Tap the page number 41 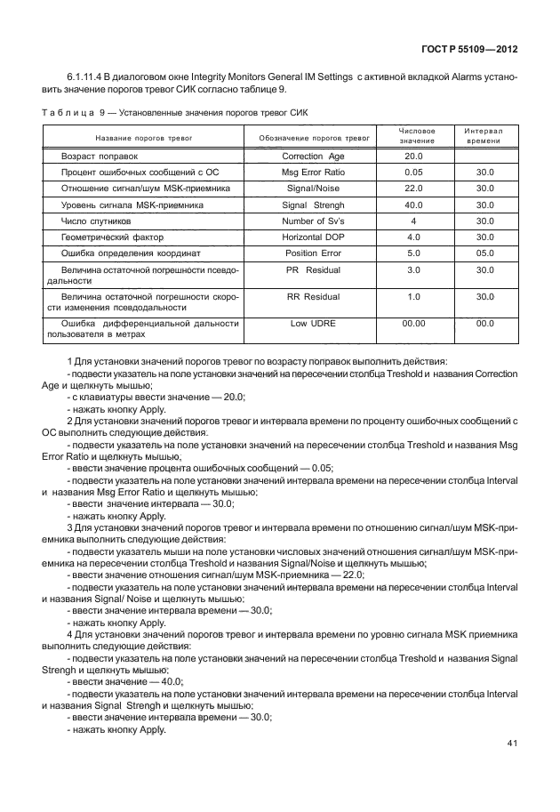[x=513, y=744]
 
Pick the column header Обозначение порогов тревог [x=314, y=139]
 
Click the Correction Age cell [x=314, y=156]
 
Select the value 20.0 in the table [x=413, y=156]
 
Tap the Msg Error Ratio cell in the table [x=314, y=172]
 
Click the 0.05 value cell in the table [x=413, y=172]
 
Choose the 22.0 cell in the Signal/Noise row [x=413, y=189]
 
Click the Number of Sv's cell [x=314, y=221]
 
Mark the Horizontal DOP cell [x=314, y=237]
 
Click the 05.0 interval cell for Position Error [x=484, y=253]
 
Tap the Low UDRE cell [x=314, y=324]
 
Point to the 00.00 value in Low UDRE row [x=413, y=324]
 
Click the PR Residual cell [x=314, y=269]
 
